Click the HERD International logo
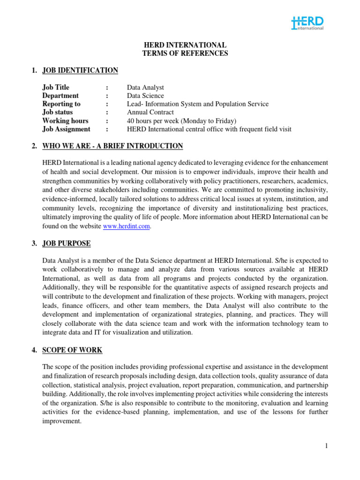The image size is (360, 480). tap(307, 23)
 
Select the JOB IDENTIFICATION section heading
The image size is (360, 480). tap(80, 70)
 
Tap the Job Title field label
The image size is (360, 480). tap(56, 87)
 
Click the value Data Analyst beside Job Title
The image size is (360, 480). tap(146, 87)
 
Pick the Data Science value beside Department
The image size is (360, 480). tap(146, 96)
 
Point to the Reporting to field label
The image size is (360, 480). tap(61, 104)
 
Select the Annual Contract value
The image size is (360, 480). tap(150, 112)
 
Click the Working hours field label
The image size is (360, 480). tap(65, 121)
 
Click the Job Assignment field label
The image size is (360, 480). tap(66, 129)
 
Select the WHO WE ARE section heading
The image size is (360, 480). tap(112, 146)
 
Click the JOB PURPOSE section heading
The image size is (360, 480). tap(67, 243)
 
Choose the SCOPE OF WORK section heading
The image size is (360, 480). tap(72, 350)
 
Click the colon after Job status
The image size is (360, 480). tap(107, 112)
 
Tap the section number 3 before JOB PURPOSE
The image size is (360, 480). tap(34, 243)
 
